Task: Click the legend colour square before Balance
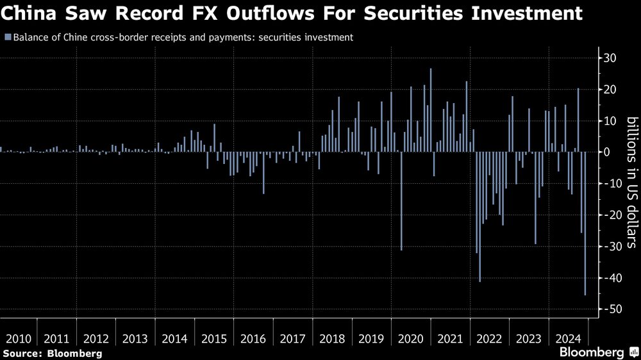(6, 38)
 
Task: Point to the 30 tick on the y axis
(610, 58)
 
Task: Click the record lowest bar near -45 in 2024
(585, 224)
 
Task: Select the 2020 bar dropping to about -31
(401, 201)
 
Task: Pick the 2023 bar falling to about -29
(536, 198)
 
